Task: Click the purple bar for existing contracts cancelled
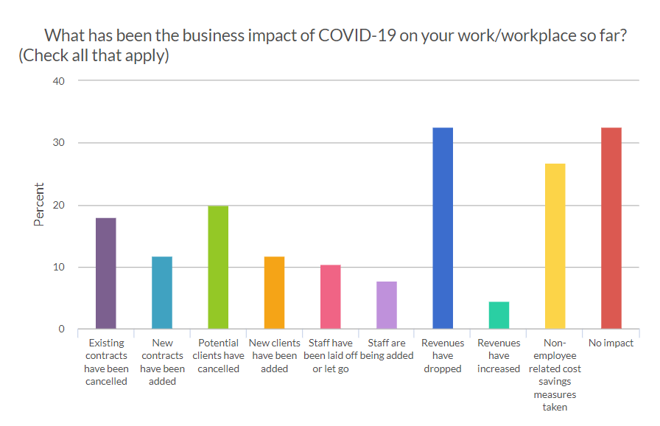coord(106,273)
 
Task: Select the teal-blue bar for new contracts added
coord(162,293)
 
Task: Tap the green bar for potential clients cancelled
coord(218,268)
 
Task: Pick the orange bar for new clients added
coord(274,293)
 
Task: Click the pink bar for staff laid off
coord(330,297)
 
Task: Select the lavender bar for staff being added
coord(386,305)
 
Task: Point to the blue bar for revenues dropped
coord(443,228)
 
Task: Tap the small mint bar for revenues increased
coord(499,315)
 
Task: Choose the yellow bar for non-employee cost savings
coord(555,246)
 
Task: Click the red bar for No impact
coord(611,228)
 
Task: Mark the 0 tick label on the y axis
coord(63,329)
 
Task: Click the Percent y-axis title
coord(39,204)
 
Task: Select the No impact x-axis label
coord(611,343)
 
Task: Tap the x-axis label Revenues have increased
coord(499,355)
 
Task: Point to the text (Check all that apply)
coord(94,55)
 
